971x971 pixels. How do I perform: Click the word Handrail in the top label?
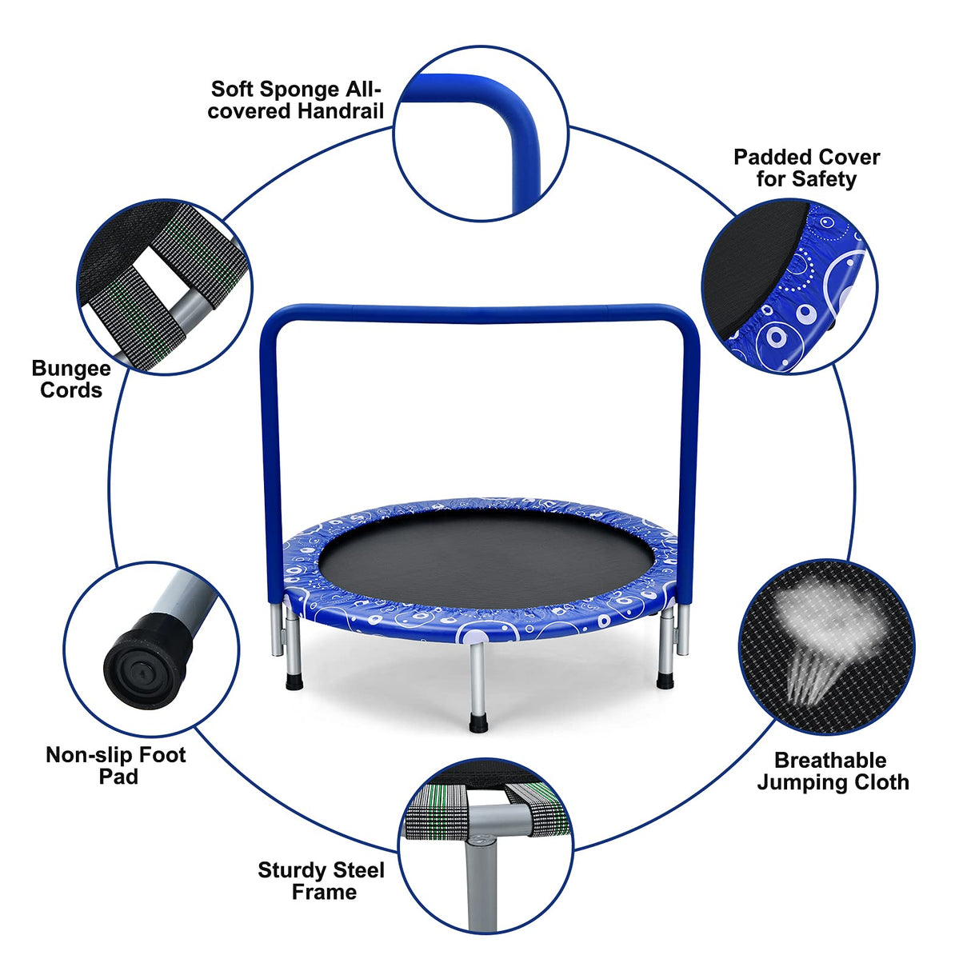[x=339, y=111]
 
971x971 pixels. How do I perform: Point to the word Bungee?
[x=71, y=369]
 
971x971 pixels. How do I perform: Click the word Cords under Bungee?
[x=71, y=390]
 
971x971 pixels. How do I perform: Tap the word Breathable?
[x=830, y=761]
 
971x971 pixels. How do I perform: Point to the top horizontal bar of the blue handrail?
[x=480, y=314]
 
